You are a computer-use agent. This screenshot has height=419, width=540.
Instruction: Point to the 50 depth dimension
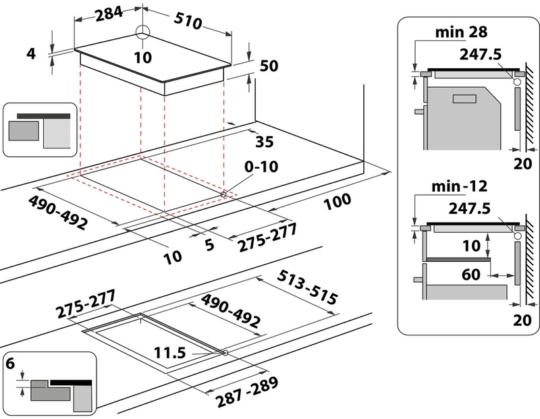coord(269,66)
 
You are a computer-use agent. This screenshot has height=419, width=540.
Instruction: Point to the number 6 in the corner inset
coord(11,363)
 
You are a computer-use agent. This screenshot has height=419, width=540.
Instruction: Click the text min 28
coord(462,32)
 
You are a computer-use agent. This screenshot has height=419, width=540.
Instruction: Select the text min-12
coord(462,184)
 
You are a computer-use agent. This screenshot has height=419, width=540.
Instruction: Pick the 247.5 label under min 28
coord(481,53)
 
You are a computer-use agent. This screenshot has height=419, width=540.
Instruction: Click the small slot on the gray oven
coord(464,99)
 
